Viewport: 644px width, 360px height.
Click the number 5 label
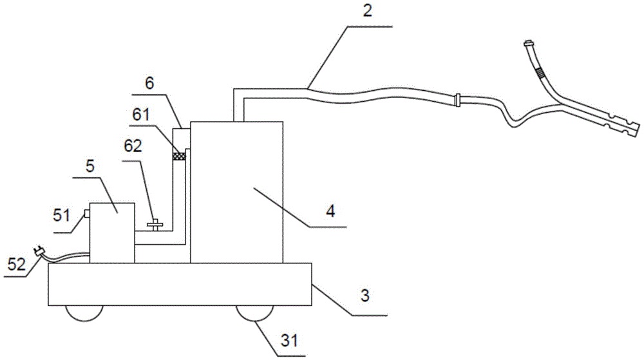coord(90,166)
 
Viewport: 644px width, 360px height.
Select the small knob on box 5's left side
coord(86,213)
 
